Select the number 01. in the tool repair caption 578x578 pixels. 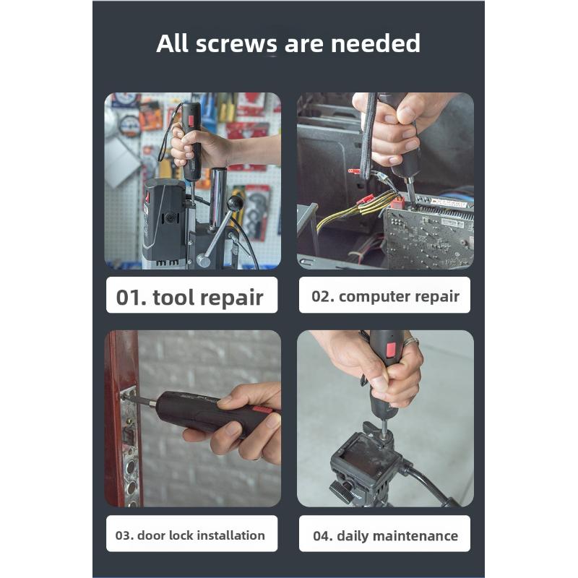[x=131, y=298]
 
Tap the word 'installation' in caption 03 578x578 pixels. [x=230, y=535]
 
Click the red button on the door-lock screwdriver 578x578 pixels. [x=262, y=410]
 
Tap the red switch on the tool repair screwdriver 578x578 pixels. [x=194, y=118]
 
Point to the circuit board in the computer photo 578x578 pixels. [x=426, y=235]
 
